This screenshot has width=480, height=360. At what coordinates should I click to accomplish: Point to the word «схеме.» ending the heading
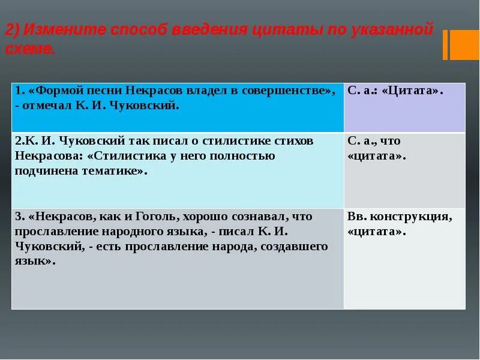point(30,49)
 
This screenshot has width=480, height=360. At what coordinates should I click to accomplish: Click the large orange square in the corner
point(464,45)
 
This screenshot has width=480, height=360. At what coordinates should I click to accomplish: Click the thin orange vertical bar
point(445,45)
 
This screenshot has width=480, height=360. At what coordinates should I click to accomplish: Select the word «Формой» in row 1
point(55,91)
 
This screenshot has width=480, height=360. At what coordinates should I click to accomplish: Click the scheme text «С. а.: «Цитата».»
point(395,91)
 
